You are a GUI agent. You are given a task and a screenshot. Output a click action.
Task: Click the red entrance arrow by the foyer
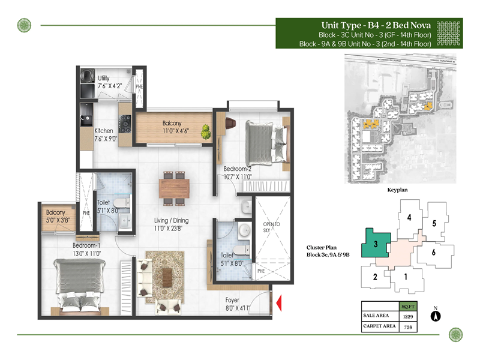coord(279,304)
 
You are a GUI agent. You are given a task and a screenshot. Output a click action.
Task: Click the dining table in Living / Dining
coord(176,188)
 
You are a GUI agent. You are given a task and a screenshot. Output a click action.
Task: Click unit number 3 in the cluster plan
coord(375,244)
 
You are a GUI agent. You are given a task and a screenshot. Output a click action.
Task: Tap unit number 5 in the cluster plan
coord(433,224)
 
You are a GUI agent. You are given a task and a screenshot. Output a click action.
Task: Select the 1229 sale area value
coord(407,316)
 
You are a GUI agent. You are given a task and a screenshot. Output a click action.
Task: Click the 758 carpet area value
coord(407,327)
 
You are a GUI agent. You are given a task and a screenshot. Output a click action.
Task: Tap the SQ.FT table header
coord(407,305)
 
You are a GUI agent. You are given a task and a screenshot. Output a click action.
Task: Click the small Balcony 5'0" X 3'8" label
coord(56,216)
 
